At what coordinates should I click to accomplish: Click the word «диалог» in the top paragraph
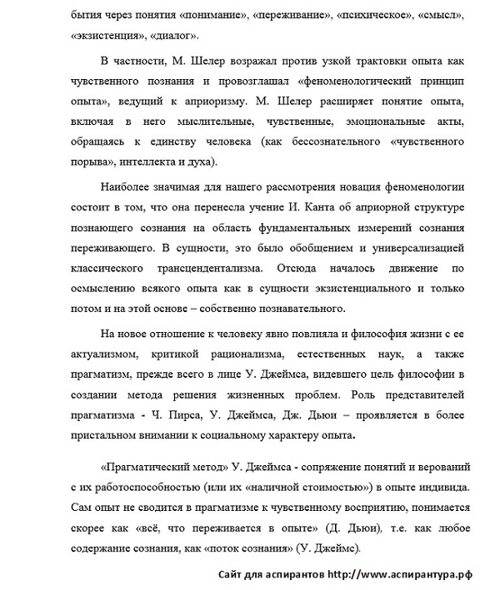coord(173,36)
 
